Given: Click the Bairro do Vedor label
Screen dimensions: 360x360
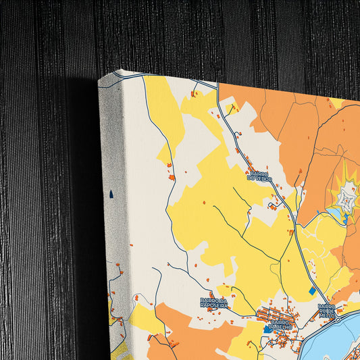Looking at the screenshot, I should click(x=260, y=176).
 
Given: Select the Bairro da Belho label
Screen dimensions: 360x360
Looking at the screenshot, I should click(x=279, y=326).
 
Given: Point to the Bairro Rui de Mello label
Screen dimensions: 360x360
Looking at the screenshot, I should click(x=328, y=311).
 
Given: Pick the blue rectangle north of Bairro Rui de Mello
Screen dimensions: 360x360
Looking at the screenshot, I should click(x=311, y=290).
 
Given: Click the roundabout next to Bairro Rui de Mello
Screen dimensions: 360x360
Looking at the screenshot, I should click(x=337, y=318).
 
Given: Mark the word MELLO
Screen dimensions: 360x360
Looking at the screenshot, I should click(x=327, y=315).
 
